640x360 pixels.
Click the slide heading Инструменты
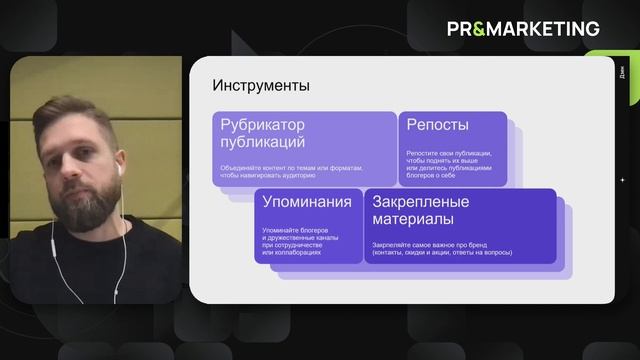pyautogui.click(x=261, y=86)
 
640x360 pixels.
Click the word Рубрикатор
pyautogui.click(x=262, y=125)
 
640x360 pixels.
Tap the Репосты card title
pyautogui.click(x=437, y=125)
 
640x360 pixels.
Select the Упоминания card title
pyautogui.click(x=307, y=202)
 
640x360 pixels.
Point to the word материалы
pyautogui.click(x=413, y=219)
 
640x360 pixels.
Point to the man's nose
pyautogui.click(x=70, y=160)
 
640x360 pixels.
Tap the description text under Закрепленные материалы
pyautogui.click(x=442, y=247)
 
